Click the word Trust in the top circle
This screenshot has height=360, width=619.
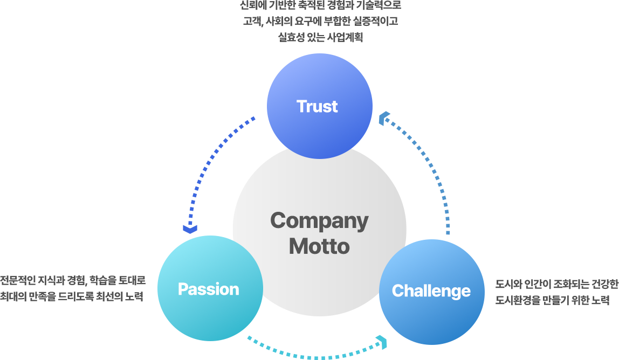pyautogui.click(x=317, y=106)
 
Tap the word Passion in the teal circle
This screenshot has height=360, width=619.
pyautogui.click(x=208, y=289)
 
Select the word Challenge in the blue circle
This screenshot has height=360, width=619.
pyautogui.click(x=431, y=291)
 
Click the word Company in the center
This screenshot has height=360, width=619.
pyautogui.click(x=319, y=220)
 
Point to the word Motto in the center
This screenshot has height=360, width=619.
pyautogui.click(x=319, y=246)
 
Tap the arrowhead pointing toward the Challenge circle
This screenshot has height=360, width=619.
pyautogui.click(x=382, y=342)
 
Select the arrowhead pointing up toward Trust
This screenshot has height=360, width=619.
pyautogui.click(x=384, y=117)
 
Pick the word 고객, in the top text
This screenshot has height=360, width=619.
pyautogui.click(x=252, y=22)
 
